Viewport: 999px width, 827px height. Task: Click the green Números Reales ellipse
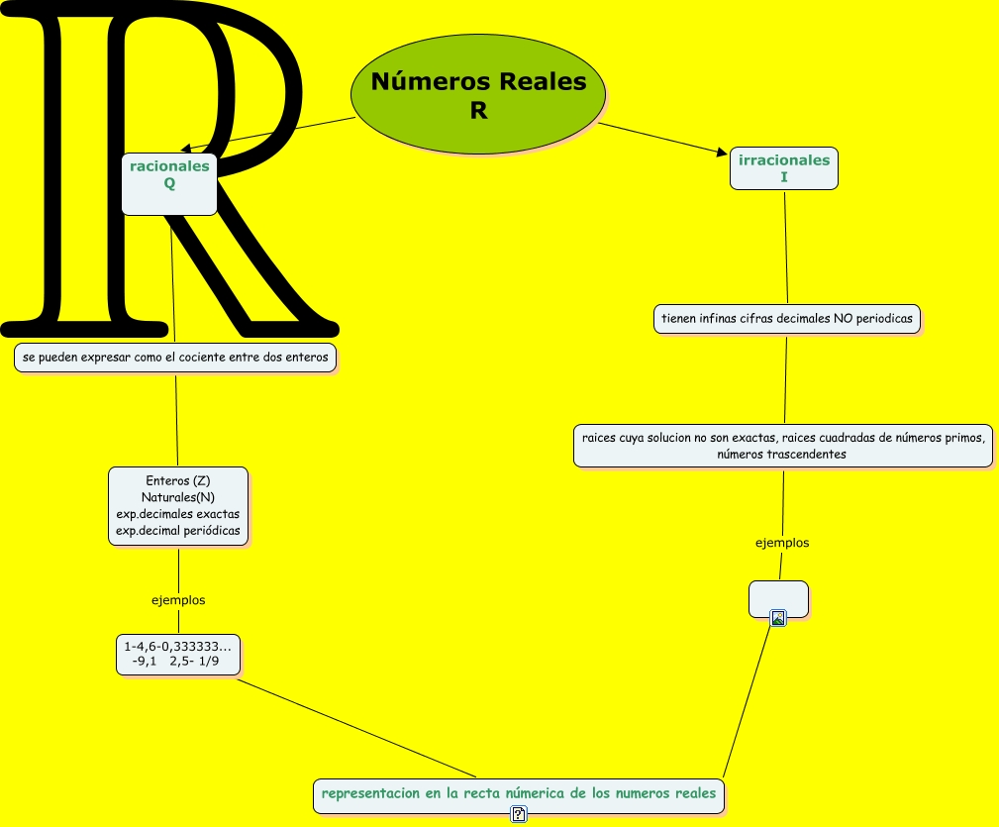pyautogui.click(x=478, y=94)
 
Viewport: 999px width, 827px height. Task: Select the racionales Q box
pyautogui.click(x=169, y=183)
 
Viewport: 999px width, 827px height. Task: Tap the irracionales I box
pyautogui.click(x=783, y=168)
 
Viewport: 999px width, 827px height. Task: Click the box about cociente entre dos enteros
pyautogui.click(x=176, y=357)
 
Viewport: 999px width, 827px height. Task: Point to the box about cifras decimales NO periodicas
pyautogui.click(x=786, y=319)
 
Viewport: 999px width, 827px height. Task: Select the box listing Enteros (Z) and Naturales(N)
pyautogui.click(x=178, y=506)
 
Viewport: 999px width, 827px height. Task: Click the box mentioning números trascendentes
pyautogui.click(x=782, y=446)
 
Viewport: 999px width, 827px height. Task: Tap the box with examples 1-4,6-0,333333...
pyautogui.click(x=177, y=655)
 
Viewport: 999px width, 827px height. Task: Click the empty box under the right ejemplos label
pyautogui.click(x=778, y=597)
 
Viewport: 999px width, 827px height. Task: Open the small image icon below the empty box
pyautogui.click(x=778, y=619)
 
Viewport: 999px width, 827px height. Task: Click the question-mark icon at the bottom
pyautogui.click(x=519, y=814)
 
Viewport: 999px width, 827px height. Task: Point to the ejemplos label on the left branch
pyautogui.click(x=178, y=600)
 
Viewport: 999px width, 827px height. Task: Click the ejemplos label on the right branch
pyautogui.click(x=782, y=543)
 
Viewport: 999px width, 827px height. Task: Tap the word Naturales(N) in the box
pyautogui.click(x=178, y=497)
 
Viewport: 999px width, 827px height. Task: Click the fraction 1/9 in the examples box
pyautogui.click(x=209, y=662)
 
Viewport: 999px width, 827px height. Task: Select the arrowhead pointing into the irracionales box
pyautogui.click(x=721, y=153)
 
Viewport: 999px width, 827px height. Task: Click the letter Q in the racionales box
pyautogui.click(x=169, y=184)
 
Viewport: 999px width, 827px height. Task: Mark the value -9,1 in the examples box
pyautogui.click(x=145, y=662)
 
